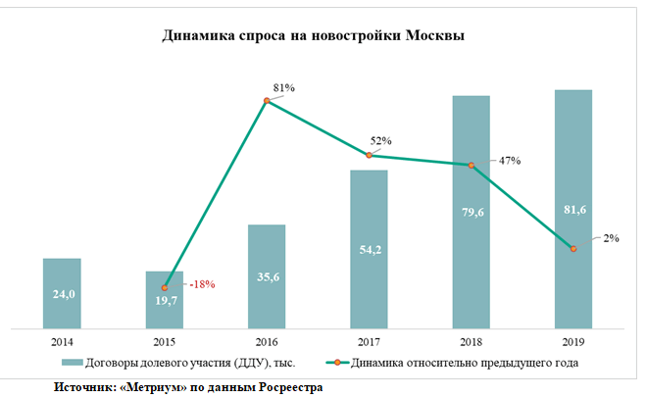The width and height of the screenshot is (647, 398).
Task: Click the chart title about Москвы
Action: click(x=313, y=36)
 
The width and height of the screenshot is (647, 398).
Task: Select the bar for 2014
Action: click(x=62, y=294)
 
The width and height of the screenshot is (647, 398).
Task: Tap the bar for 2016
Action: click(x=267, y=276)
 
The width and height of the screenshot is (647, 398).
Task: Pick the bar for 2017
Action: click(x=369, y=250)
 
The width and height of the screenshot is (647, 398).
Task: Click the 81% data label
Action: click(x=284, y=88)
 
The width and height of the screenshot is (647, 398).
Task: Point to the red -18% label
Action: click(x=202, y=284)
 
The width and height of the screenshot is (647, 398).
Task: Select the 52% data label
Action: click(x=380, y=140)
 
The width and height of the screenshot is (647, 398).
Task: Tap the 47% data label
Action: click(x=510, y=161)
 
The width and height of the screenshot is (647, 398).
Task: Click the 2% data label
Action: click(x=611, y=238)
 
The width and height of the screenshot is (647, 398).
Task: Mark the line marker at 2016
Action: click(x=267, y=101)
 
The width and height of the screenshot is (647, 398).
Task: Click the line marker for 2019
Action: click(x=573, y=249)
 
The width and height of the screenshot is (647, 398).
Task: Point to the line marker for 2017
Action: click(x=369, y=155)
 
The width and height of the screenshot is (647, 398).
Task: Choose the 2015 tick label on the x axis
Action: click(x=165, y=342)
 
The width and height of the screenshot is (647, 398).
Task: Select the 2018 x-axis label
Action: click(x=472, y=342)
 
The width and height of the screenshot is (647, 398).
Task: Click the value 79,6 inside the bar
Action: click(x=473, y=213)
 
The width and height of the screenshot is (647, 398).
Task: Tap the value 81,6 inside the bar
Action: click(x=574, y=210)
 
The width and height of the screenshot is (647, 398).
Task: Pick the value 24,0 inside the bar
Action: click(x=64, y=294)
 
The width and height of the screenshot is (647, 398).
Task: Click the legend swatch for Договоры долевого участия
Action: click(x=73, y=363)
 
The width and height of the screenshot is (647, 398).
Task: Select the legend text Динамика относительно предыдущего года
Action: click(x=465, y=363)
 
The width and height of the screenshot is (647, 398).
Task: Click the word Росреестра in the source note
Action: click(x=291, y=387)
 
